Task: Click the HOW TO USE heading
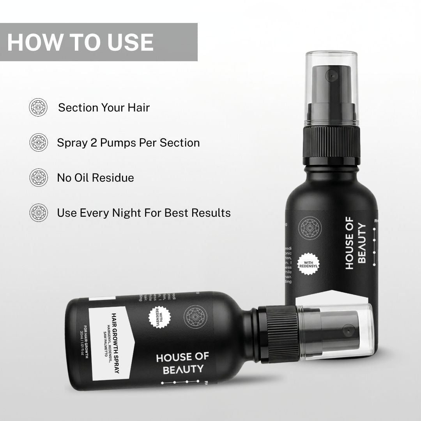(x=80, y=42)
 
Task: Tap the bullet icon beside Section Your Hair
(x=38, y=107)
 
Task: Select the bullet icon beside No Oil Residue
(x=38, y=178)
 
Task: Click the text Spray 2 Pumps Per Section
(x=128, y=143)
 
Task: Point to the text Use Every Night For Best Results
(x=143, y=213)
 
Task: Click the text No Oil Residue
(x=96, y=178)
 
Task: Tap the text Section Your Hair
(x=104, y=108)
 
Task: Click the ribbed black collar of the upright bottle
(x=331, y=145)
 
